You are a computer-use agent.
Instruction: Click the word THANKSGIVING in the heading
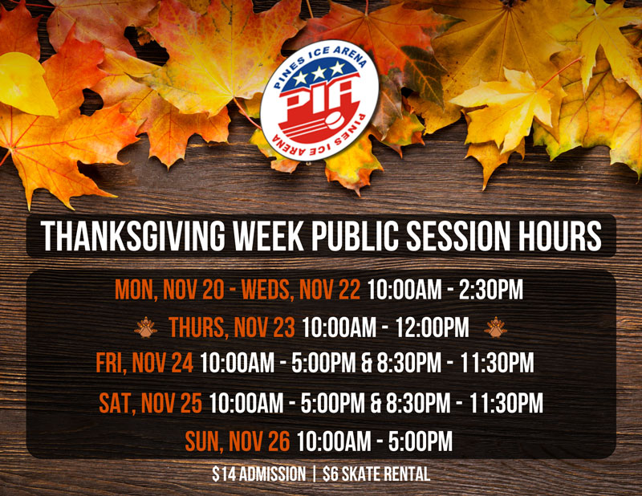click(x=132, y=236)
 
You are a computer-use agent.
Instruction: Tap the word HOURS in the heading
click(x=559, y=236)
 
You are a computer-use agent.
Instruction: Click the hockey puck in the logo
click(x=337, y=121)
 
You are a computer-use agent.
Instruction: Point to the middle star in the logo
click(x=319, y=73)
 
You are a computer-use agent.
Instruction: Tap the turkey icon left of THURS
click(x=145, y=327)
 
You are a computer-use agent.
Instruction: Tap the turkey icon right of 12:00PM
click(x=495, y=327)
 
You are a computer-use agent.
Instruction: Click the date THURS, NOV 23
click(x=232, y=327)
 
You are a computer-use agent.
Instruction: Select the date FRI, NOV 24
click(x=144, y=363)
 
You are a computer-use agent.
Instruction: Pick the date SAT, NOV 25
click(x=150, y=403)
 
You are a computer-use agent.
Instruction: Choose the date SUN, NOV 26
click(x=238, y=441)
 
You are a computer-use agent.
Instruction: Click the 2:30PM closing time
click(x=491, y=290)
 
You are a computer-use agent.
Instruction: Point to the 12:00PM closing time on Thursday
click(x=432, y=327)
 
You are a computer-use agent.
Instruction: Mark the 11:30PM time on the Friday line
click(x=497, y=363)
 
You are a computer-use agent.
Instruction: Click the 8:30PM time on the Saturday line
click(x=418, y=403)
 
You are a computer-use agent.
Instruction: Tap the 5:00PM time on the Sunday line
click(x=420, y=441)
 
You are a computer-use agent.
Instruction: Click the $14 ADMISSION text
click(x=258, y=474)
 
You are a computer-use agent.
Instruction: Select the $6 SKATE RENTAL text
click(x=376, y=474)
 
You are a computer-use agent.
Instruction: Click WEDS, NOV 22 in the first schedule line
click(x=301, y=290)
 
